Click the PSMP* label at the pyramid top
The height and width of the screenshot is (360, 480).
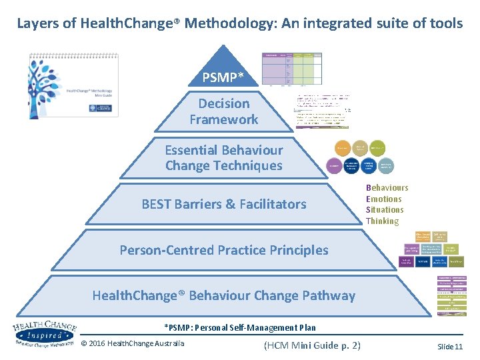coord(224,78)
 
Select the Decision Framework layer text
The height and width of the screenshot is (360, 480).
coord(224,111)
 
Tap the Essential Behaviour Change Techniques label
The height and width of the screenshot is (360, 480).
coord(224,157)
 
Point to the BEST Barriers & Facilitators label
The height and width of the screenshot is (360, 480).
coord(224,204)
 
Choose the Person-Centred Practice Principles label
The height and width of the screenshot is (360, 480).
coord(224,250)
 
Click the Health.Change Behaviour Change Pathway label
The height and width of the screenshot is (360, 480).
coord(224,295)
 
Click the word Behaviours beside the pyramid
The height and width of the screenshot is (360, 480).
coord(387,188)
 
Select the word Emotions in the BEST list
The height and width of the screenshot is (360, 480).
coord(384,199)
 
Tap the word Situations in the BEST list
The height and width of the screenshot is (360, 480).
coord(385,209)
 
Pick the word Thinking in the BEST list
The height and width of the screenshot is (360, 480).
coord(382,221)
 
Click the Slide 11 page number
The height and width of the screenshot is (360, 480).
coord(449,346)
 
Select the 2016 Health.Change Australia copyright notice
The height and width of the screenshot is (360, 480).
coord(133,343)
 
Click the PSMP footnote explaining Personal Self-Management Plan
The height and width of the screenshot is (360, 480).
coord(240,327)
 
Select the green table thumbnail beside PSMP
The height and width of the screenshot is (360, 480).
coord(291,69)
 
